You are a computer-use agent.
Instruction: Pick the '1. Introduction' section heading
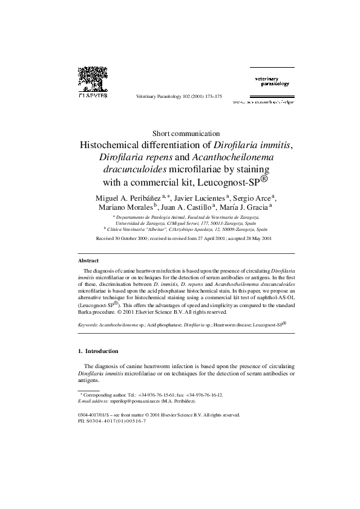point(99,351)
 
